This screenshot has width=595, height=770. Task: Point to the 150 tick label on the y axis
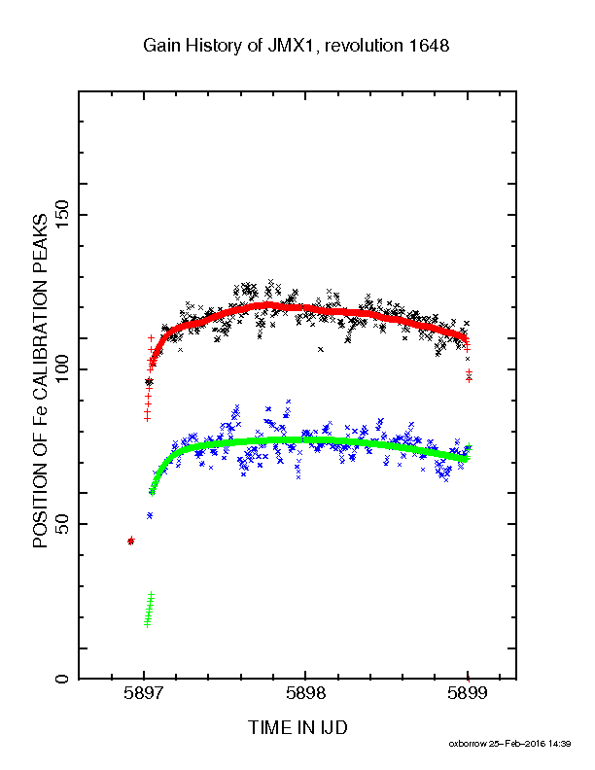click(x=62, y=215)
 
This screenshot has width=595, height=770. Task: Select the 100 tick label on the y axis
click(x=62, y=369)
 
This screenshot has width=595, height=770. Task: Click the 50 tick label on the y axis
click(x=62, y=524)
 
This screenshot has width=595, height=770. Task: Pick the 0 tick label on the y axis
click(x=62, y=679)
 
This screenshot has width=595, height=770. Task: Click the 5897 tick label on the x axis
click(x=144, y=693)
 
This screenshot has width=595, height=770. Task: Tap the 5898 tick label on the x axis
click(x=305, y=693)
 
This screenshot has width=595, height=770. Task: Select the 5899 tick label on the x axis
click(x=468, y=693)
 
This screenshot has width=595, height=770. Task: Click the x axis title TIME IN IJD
click(x=297, y=727)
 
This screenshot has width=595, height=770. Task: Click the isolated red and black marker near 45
click(x=130, y=541)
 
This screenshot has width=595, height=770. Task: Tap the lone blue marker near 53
click(x=150, y=515)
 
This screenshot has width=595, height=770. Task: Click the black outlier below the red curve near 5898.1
click(x=321, y=350)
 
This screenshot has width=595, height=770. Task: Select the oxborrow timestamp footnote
click(x=509, y=744)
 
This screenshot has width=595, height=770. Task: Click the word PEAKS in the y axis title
click(x=40, y=243)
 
